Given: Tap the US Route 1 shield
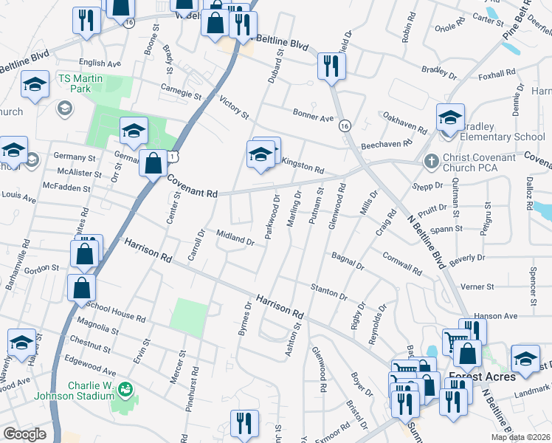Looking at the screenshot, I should coord(173,156).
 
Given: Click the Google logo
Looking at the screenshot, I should coord(24,434).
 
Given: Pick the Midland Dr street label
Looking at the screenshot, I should coord(235,237).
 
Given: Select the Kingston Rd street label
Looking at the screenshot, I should coord(303,169).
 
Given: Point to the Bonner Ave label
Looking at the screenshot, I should coord(313,117).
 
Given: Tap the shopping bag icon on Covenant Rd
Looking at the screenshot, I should coord(153,163).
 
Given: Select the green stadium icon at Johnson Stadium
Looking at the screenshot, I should coord(125,388).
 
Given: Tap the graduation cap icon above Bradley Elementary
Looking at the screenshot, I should coord(450,117).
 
